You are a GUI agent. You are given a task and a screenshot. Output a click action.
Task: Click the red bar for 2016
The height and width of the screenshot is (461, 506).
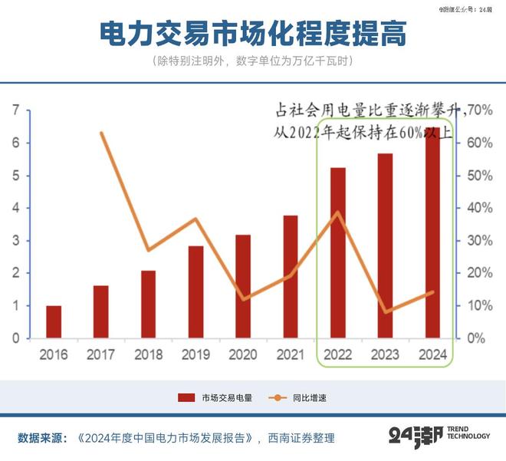(x=54, y=321)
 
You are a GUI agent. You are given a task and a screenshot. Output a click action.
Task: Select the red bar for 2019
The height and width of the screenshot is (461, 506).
(x=196, y=291)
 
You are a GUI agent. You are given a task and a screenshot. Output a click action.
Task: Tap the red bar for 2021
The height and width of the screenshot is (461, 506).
(x=291, y=276)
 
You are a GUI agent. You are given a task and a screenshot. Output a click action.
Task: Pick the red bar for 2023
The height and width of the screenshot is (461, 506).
(x=386, y=245)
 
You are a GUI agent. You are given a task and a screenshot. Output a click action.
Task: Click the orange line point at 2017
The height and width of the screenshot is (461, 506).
(x=102, y=133)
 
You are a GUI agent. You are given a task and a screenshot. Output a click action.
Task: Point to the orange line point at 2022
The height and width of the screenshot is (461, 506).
(x=338, y=212)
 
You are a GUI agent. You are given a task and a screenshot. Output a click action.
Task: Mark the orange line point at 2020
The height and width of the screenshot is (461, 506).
(x=244, y=298)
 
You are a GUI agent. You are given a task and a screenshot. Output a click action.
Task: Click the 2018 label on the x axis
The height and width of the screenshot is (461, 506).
(x=148, y=355)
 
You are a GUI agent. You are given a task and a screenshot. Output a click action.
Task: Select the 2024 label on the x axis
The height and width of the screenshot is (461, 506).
(x=432, y=355)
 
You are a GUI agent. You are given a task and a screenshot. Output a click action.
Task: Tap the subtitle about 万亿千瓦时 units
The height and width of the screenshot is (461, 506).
(x=253, y=61)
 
